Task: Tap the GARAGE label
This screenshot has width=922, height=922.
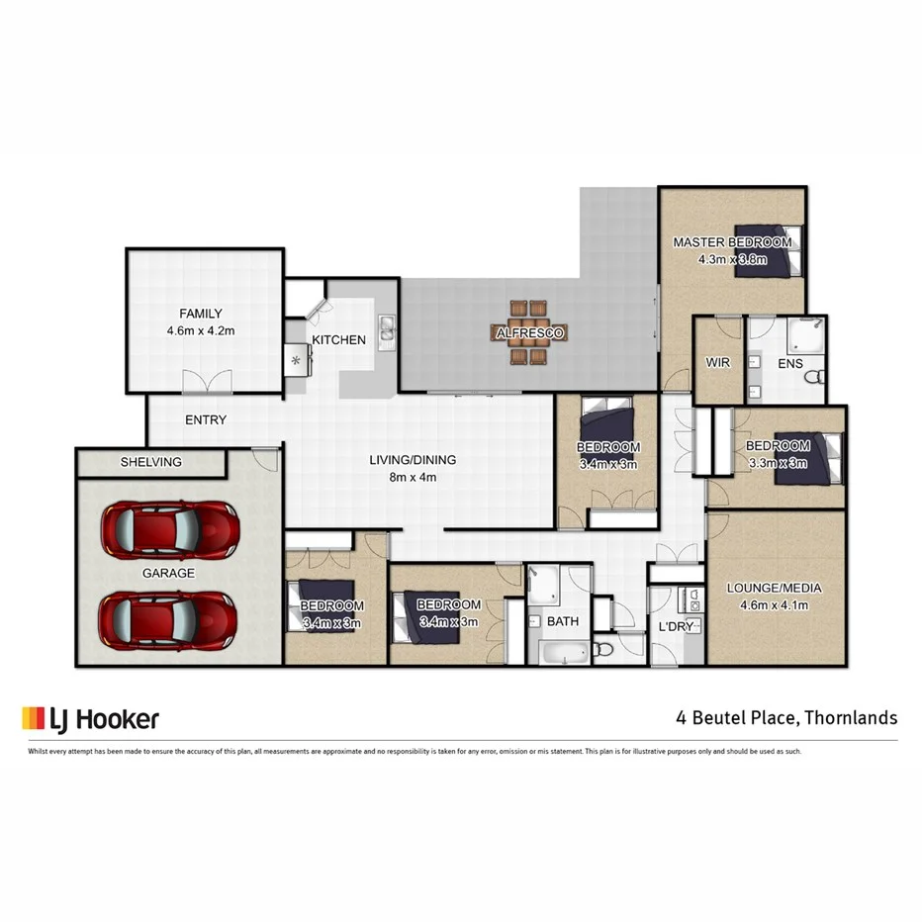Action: (x=168, y=573)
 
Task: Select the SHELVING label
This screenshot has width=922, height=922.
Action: (x=151, y=462)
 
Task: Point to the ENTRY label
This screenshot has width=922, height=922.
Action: (x=206, y=419)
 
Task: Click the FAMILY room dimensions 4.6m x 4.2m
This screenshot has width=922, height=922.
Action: (x=201, y=331)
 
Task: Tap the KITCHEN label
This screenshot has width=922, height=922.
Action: (x=338, y=340)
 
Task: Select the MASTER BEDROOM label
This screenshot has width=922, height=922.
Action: (x=732, y=242)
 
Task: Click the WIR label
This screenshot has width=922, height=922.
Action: (x=717, y=363)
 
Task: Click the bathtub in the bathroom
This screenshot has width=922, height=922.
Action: (x=561, y=652)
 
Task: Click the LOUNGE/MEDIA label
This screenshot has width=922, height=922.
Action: (x=774, y=588)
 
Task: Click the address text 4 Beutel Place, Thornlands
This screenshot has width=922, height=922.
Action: (x=786, y=717)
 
